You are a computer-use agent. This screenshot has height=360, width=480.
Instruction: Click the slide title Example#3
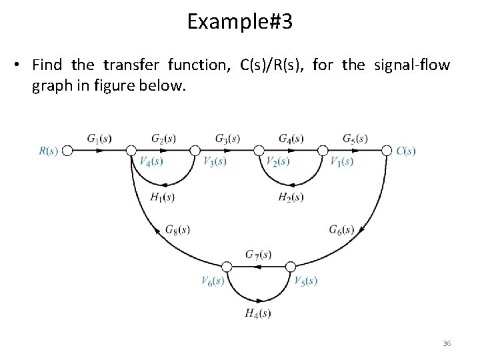coord(239,22)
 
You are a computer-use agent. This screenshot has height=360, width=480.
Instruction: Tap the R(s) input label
coord(48,151)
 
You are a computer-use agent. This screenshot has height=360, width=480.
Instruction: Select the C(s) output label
coord(405,151)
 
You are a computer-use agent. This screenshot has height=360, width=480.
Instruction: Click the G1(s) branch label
coord(99,139)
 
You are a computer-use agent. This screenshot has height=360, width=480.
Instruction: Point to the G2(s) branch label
coord(163,139)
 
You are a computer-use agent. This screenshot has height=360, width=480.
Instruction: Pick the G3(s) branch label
coord(227,139)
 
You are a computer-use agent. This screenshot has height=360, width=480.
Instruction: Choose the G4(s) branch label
coord(291,139)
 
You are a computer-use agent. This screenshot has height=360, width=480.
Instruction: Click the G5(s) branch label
coord(355,139)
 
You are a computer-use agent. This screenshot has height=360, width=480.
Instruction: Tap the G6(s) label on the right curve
coord(341,229)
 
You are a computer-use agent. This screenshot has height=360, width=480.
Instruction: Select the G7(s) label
coord(258,254)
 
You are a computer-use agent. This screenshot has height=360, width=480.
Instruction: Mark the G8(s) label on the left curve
coord(177,229)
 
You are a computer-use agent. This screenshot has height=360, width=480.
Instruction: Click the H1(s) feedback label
coord(163,197)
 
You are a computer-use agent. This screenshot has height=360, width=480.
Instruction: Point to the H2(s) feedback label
coord(291,197)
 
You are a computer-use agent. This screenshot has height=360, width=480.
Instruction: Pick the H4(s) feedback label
coord(258,313)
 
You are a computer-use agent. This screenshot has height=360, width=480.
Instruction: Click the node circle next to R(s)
coord(66,151)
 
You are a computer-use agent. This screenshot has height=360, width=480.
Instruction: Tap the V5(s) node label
coord(305,280)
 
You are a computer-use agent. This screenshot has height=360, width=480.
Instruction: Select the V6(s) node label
coord(213,280)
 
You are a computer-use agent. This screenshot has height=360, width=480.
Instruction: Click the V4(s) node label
coord(151,162)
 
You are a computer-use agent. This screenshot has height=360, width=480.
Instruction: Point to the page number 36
coord(447,343)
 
